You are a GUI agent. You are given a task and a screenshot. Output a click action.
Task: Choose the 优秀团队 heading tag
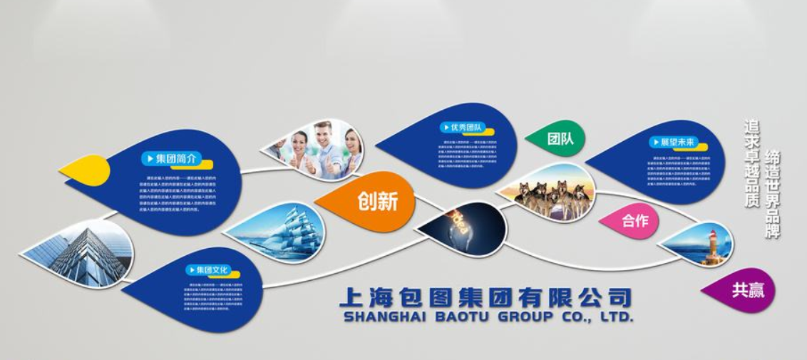pos(462,128)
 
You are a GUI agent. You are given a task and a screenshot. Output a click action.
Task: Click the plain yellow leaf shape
pos(87,170)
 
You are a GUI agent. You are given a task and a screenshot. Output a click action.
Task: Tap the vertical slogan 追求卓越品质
pos(751,163)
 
